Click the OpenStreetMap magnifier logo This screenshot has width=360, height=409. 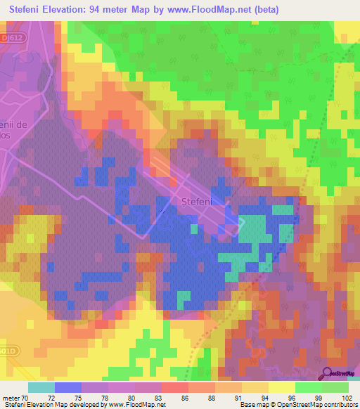pyautogui.click(x=328, y=373)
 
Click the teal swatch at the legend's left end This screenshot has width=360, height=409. pyautogui.click(x=41, y=387)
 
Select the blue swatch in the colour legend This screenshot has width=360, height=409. pyautogui.click(x=68, y=387)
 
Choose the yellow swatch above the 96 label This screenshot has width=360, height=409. pyautogui.click(x=282, y=387)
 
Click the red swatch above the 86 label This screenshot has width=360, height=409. pyautogui.click(x=175, y=387)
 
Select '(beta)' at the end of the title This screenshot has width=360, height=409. pyautogui.click(x=266, y=9)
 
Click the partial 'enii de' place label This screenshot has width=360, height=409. pyautogui.click(x=14, y=124)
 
